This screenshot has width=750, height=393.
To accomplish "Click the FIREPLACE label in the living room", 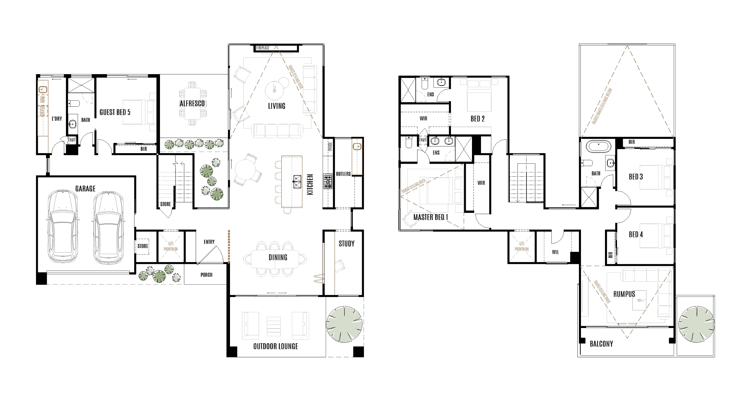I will click(x=263, y=48).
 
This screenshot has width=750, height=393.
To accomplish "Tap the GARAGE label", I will click(x=85, y=189).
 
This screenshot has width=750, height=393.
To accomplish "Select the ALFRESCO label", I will click(x=192, y=103).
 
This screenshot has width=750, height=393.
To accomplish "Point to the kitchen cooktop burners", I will click(x=328, y=181).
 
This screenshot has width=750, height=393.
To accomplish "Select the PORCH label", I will click(x=206, y=275).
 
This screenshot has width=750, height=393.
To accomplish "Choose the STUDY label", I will click(x=346, y=244).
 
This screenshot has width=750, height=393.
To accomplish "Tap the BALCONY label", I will click(x=601, y=344).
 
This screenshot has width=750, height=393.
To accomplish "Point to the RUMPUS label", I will click(x=624, y=294).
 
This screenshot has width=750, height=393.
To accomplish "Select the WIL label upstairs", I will click(x=555, y=252).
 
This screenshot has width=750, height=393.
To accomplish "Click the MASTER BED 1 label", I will click(x=430, y=217).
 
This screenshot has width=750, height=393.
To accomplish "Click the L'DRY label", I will click(x=57, y=119).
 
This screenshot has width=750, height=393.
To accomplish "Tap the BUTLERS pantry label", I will click(x=343, y=174).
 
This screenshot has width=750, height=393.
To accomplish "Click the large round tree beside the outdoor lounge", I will click(x=344, y=324).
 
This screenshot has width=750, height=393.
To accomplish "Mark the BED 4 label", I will click(x=635, y=234).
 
